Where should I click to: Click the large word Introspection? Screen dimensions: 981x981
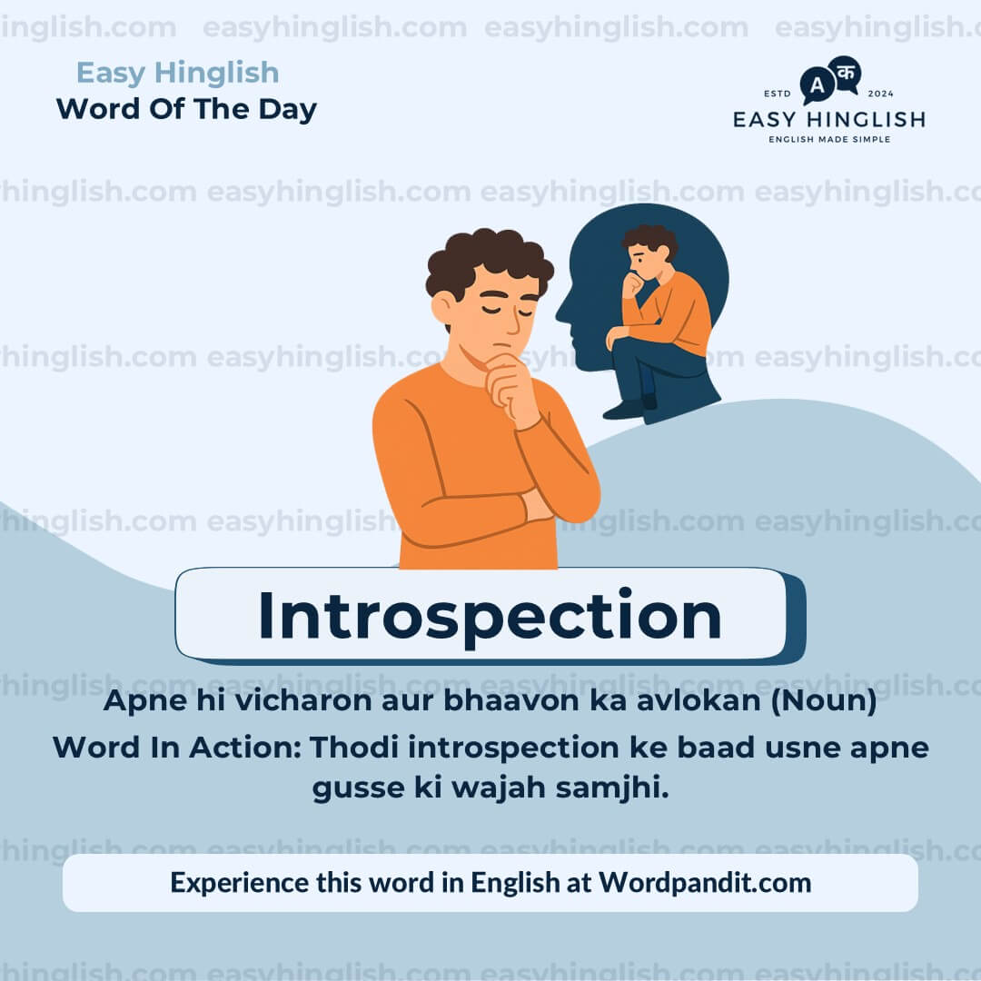(x=490, y=616)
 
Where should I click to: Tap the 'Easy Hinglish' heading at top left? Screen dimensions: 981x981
(x=177, y=73)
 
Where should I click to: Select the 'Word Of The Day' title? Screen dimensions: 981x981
(x=186, y=109)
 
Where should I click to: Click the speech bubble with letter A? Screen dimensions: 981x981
(x=817, y=86)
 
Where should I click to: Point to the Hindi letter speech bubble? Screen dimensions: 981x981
(x=846, y=73)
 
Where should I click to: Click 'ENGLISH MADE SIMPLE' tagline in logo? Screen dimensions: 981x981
(x=829, y=139)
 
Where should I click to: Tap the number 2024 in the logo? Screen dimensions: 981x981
(x=881, y=94)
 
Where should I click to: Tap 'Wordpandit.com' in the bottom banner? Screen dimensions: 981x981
(x=705, y=882)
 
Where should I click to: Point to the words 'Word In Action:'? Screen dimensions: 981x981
(x=176, y=748)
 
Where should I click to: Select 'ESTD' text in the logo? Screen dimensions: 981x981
(x=778, y=94)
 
